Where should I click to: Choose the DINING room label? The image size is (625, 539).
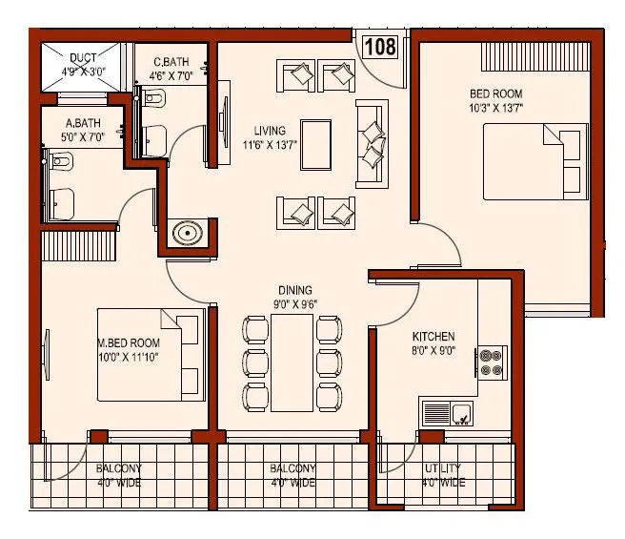point(295,290)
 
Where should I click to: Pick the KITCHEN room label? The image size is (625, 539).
point(433,337)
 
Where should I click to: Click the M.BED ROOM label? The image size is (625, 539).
point(128,342)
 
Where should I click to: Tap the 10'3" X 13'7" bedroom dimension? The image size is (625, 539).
point(496,109)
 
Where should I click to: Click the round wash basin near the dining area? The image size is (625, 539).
point(187,232)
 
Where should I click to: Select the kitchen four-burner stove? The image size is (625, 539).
point(492,361)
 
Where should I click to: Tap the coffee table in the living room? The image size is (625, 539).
point(314,144)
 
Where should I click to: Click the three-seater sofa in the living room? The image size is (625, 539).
point(371,143)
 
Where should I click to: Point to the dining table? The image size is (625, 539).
point(293,362)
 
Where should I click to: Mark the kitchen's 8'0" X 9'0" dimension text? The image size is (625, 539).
point(433,350)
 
